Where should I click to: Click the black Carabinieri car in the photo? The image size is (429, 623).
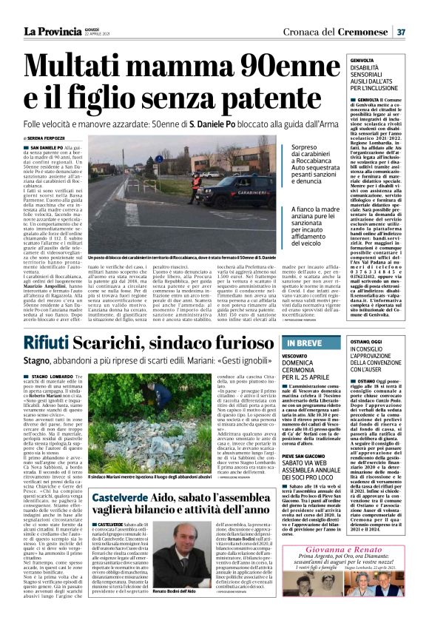click(232, 189)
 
